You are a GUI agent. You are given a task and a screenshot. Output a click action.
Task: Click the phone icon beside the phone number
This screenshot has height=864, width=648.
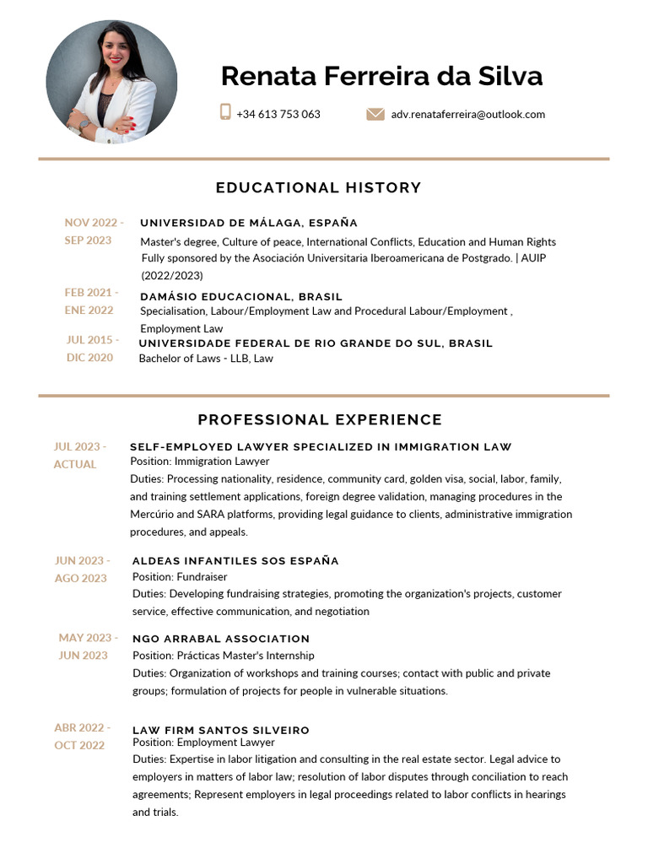click(225, 112)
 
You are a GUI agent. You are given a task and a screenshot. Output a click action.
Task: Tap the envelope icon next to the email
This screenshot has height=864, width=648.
click(375, 114)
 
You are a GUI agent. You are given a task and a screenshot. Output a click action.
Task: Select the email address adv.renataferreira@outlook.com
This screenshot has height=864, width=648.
click(467, 114)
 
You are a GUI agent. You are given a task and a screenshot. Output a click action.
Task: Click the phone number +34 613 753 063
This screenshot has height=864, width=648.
click(278, 114)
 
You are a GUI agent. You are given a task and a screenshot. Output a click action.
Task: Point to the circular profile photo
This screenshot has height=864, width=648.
click(111, 82)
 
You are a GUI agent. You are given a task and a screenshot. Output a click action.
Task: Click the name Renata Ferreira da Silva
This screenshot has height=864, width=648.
click(381, 76)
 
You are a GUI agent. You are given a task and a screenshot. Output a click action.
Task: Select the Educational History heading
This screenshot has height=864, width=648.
click(318, 187)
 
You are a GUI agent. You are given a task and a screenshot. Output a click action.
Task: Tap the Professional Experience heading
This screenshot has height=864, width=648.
click(320, 419)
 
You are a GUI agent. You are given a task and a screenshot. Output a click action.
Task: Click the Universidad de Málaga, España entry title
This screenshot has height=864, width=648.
click(249, 223)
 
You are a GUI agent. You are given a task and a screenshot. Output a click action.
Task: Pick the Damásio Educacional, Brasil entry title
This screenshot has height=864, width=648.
click(241, 296)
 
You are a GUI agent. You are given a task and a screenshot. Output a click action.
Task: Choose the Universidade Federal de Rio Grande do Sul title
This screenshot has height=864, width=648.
click(316, 343)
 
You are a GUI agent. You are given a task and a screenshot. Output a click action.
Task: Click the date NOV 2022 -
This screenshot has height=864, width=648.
click(94, 223)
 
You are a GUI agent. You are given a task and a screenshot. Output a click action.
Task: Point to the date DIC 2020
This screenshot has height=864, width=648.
click(89, 358)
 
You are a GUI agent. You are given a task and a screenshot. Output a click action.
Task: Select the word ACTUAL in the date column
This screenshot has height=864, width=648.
click(75, 464)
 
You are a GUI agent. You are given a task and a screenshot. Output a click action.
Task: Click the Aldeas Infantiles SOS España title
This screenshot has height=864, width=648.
click(235, 560)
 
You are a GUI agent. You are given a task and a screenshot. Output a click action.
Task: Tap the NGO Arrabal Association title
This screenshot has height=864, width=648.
click(221, 639)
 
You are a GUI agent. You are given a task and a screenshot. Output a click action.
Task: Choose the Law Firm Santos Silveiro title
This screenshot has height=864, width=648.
click(221, 730)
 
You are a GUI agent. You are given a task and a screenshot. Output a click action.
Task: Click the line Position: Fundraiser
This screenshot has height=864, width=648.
click(180, 577)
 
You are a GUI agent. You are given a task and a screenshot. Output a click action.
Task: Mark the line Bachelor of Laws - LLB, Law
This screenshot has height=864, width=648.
click(206, 359)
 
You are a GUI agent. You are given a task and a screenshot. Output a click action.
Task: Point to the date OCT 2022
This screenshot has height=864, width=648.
click(80, 745)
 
